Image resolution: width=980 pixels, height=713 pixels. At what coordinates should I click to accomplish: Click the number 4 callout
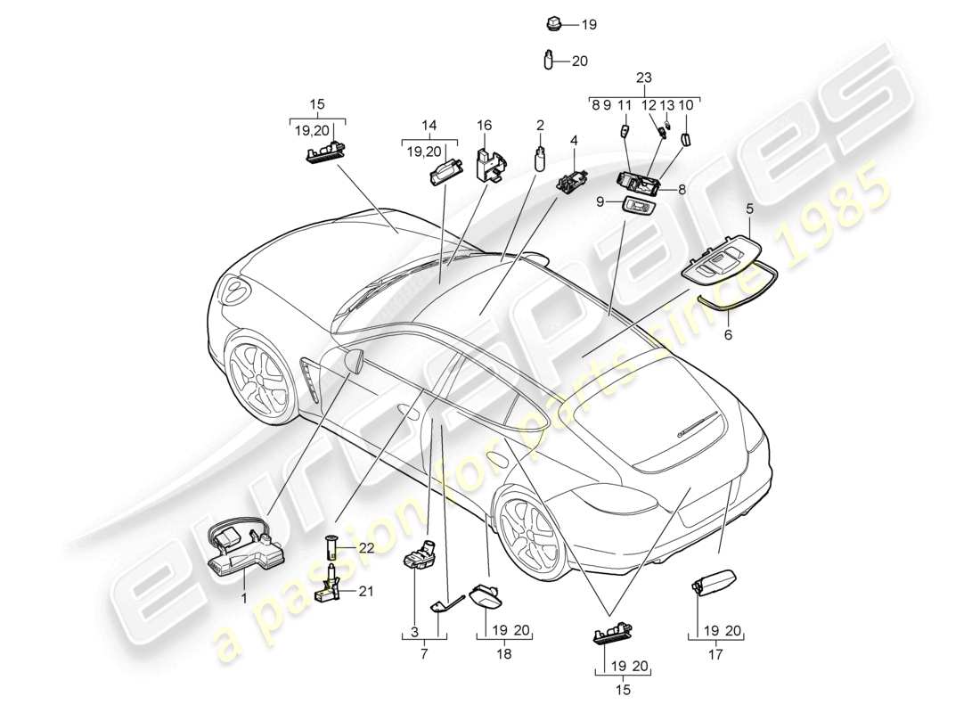574,140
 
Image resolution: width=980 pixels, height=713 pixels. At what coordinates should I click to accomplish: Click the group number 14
430,127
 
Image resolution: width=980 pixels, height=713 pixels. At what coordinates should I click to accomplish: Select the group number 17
715,652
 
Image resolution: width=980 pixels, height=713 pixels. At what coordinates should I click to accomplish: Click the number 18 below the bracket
503,653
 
